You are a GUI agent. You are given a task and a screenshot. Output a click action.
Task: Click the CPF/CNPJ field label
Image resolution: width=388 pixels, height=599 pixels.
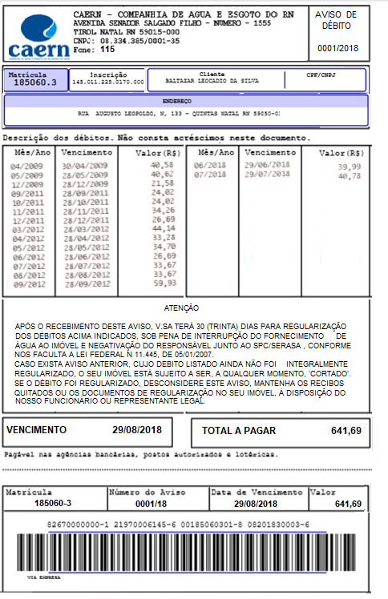[326, 74]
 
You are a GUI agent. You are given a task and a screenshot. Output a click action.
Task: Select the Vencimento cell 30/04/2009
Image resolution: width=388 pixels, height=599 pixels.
[86, 166]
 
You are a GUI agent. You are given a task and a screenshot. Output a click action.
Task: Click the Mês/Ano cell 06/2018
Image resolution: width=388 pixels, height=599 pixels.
[209, 164]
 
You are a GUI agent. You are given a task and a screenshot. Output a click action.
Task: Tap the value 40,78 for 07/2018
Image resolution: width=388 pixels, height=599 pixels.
[349, 175]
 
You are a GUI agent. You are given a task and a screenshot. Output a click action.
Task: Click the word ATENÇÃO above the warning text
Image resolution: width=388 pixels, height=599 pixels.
[183, 308]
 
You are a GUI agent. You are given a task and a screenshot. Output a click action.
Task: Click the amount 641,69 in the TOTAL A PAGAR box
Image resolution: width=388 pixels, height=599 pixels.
[346, 431]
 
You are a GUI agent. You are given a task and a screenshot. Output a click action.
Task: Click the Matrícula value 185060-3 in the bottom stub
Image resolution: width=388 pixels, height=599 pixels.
[54, 503]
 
